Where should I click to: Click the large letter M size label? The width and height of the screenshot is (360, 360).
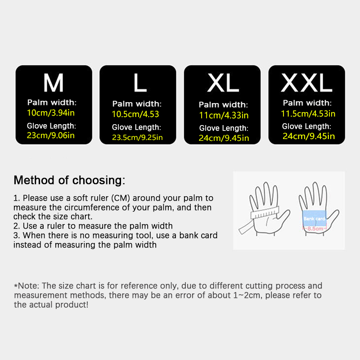[54, 83]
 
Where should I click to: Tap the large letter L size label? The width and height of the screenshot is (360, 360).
[140, 83]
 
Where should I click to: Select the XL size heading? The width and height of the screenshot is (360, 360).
[223, 83]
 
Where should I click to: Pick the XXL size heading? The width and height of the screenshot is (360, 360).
[307, 83]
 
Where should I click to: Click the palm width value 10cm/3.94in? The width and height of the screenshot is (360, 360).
[51, 113]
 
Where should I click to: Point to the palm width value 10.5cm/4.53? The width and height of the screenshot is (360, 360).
[135, 114]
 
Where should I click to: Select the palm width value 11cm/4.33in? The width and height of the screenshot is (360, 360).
[224, 115]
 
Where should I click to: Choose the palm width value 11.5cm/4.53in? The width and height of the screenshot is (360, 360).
[308, 114]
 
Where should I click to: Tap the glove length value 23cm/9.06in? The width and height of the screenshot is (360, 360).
[51, 135]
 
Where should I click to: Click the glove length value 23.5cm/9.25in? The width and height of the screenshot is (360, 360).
[137, 137]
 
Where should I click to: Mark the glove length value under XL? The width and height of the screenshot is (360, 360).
[224, 138]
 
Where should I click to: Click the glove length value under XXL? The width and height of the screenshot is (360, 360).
[309, 136]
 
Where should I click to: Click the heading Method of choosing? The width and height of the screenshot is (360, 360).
[70, 180]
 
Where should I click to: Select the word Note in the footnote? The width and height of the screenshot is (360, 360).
[28, 286]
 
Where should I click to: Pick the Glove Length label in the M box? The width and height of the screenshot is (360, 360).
[51, 126]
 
